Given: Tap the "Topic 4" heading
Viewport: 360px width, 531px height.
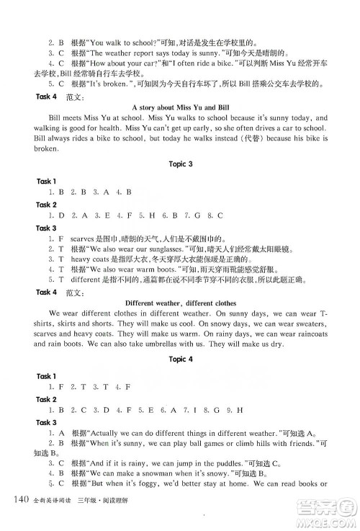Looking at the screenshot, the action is coord(180,359).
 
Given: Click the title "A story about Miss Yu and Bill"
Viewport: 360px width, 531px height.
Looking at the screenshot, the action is coord(180,107).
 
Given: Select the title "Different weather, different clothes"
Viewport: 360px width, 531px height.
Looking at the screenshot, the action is coord(180,303).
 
